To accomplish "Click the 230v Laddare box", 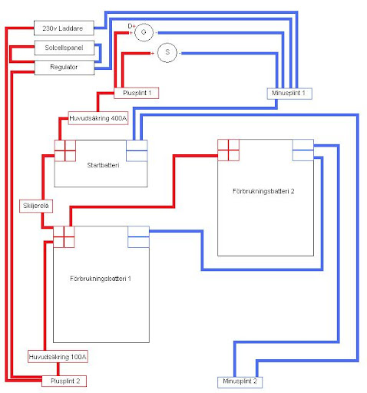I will click(65, 28).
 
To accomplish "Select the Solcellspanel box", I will click(65, 48).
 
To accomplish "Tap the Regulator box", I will click(65, 68).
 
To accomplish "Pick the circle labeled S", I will click(167, 52).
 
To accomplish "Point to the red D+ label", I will click(131, 25).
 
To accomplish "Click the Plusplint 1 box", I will click(141, 93).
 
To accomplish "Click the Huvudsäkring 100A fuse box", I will click(58, 357).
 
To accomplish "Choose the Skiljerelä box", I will click(35, 206).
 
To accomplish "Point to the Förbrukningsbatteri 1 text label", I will click(101, 277).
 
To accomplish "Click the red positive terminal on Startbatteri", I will click(64, 151).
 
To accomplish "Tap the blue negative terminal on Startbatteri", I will click(137, 151).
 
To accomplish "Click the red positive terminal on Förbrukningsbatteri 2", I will click(229, 150).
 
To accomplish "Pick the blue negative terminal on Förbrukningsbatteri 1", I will click(138, 237).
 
